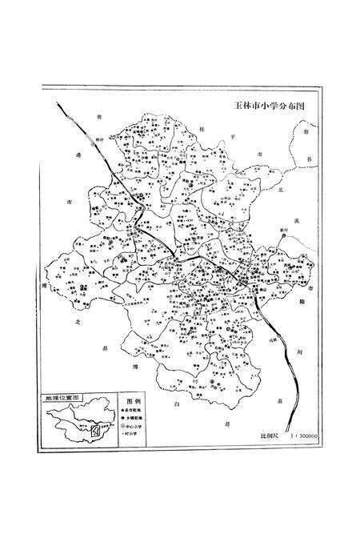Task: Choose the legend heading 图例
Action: coord(134,398)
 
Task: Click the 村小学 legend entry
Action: coord(134,436)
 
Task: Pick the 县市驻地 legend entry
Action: coord(134,408)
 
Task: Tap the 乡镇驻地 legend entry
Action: coord(134,417)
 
